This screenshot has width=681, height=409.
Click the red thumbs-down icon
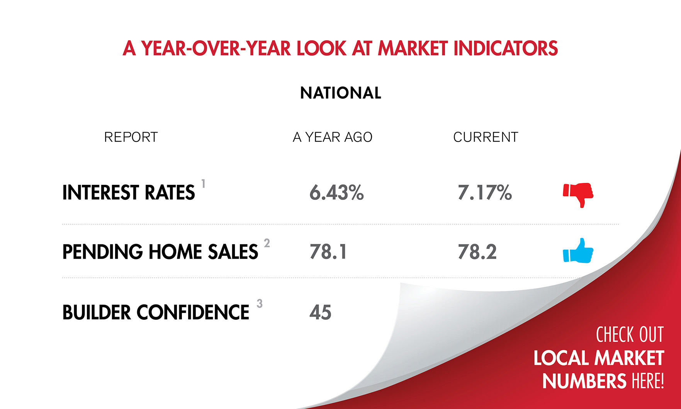pyautogui.click(x=578, y=194)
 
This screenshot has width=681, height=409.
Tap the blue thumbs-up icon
pyautogui.click(x=578, y=251)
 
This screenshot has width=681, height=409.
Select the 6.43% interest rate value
pyautogui.click(x=336, y=193)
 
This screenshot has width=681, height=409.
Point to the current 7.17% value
pyautogui.click(x=485, y=193)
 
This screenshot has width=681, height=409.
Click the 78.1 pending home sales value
pyautogui.click(x=328, y=252)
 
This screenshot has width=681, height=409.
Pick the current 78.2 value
pyautogui.click(x=477, y=252)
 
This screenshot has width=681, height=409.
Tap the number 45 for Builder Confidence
pyautogui.click(x=320, y=312)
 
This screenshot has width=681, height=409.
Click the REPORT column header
pyautogui.click(x=131, y=137)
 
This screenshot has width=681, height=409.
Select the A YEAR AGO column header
pyautogui.click(x=333, y=137)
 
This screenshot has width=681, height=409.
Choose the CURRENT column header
pyautogui.click(x=486, y=137)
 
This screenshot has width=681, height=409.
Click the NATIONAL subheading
pyautogui.click(x=341, y=93)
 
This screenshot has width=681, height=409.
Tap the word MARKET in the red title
pyautogui.click(x=412, y=48)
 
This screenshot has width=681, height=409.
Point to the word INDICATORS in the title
pyautogui.click(x=506, y=48)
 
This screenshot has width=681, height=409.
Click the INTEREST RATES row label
pyautogui.click(x=129, y=193)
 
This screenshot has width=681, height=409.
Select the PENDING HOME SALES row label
pyautogui.click(x=160, y=252)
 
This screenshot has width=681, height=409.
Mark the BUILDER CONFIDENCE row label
pyautogui.click(x=156, y=312)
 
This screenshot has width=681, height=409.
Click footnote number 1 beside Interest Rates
pyautogui.click(x=203, y=184)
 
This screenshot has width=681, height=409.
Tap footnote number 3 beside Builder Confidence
pyautogui.click(x=260, y=304)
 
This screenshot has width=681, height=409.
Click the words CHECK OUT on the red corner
pyautogui.click(x=630, y=335)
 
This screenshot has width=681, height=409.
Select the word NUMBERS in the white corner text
pyautogui.click(x=584, y=381)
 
